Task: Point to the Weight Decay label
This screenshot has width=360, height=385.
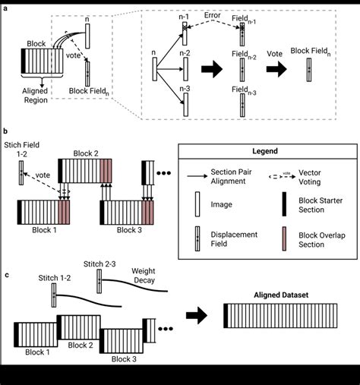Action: tap(144, 275)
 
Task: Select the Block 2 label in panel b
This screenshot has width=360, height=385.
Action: tap(87, 153)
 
